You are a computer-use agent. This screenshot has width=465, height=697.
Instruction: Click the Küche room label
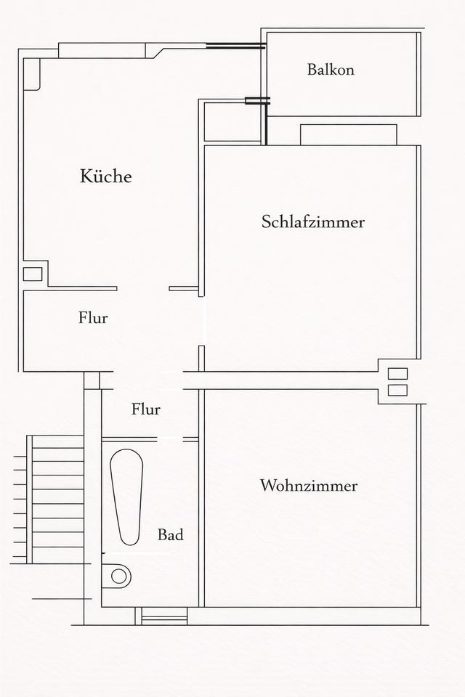tap(106, 176)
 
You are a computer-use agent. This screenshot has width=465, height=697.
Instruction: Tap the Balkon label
tap(331, 70)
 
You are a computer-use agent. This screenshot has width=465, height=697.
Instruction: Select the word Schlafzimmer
tap(312, 222)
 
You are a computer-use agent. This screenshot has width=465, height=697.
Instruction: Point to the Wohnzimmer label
tap(309, 486)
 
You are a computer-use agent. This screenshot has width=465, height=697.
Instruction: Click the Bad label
tap(171, 535)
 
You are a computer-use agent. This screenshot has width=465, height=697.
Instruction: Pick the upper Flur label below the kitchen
tap(93, 317)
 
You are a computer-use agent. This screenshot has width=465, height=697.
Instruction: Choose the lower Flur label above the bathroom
tap(145, 409)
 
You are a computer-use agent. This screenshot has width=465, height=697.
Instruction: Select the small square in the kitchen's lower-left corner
tap(33, 274)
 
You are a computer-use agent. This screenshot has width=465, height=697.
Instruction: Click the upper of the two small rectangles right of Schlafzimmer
tap(397, 374)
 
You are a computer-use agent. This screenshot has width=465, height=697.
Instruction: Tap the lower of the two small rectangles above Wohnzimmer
tap(397, 390)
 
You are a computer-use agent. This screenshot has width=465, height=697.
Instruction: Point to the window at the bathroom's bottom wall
tap(163, 616)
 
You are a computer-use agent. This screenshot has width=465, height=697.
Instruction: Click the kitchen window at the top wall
tap(101, 50)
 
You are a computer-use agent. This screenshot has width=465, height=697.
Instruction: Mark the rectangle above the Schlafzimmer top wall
tap(348, 134)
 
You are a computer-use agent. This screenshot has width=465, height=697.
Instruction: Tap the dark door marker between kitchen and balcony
tap(257, 101)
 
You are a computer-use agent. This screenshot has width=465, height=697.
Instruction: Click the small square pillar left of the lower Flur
tap(92, 380)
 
